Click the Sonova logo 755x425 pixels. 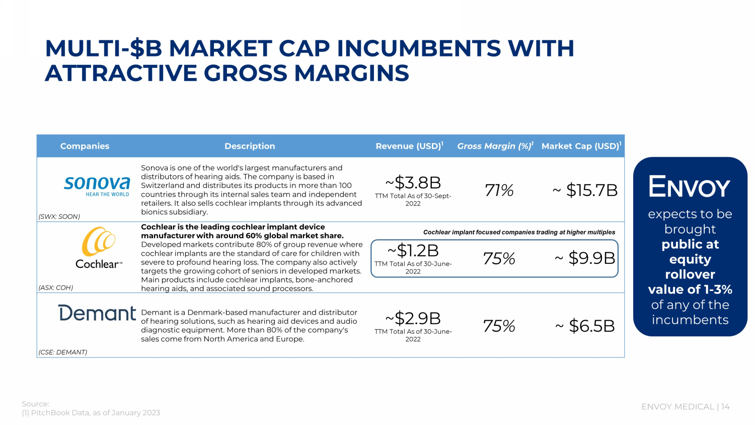point(97,185)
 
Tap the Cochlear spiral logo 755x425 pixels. point(99,242)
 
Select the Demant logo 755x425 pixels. point(97,313)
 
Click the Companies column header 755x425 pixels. point(85,146)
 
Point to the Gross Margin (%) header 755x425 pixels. point(495,146)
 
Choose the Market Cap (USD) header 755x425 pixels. point(581,146)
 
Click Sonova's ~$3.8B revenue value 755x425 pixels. point(413,182)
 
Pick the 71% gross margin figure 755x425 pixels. point(499,190)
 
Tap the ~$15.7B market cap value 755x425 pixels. point(585,190)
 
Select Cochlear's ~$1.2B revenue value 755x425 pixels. point(413,250)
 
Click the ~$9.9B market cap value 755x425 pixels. point(585,258)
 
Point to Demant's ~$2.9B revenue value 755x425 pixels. point(413,318)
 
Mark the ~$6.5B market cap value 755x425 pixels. point(585,326)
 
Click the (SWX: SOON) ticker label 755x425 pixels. point(59,217)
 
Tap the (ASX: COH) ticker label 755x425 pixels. point(56,288)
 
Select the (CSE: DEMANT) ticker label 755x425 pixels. point(63,352)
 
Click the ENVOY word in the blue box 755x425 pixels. point(689,187)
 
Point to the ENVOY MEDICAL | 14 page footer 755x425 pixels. point(685,407)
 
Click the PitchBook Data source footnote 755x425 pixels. point(91,413)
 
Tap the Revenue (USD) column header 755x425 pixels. point(409,146)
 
